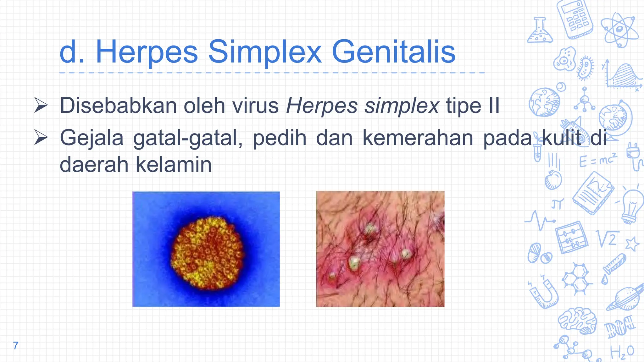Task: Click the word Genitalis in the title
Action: pyautogui.click(x=393, y=52)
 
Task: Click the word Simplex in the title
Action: pyautogui.click(x=265, y=52)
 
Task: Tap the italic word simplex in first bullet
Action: pyautogui.click(x=402, y=106)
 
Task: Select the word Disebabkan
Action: pyautogui.click(x=118, y=106)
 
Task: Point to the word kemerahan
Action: pyautogui.click(x=418, y=138)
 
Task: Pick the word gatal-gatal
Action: pyautogui.click(x=188, y=138)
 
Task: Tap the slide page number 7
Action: pyautogui.click(x=16, y=346)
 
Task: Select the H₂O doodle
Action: pyautogui.click(x=622, y=352)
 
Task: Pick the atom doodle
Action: pyautogui.click(x=619, y=30)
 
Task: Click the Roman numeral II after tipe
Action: pyautogui.click(x=494, y=106)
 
